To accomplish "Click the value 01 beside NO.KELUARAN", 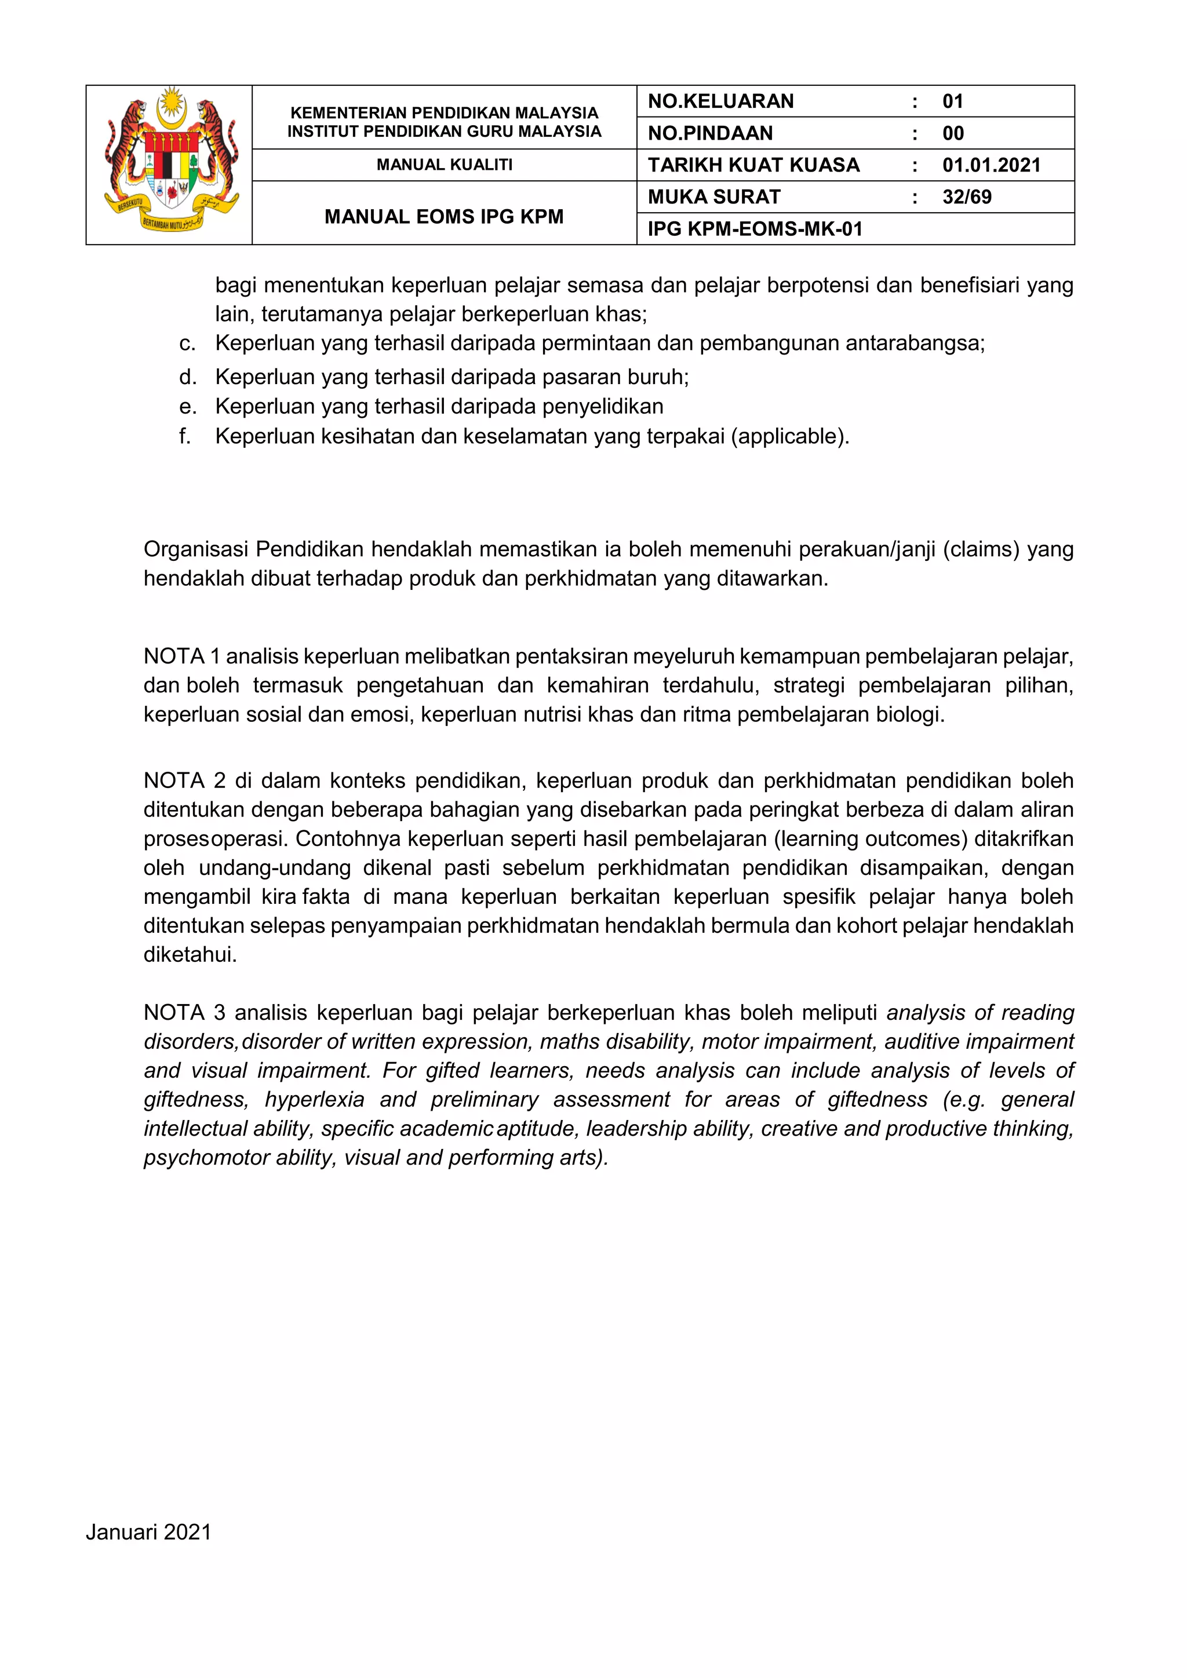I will click(952, 101).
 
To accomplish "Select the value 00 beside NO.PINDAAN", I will click(952, 134).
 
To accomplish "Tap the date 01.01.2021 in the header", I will click(991, 165).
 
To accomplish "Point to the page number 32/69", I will click(966, 198).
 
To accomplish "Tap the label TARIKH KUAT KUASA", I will click(753, 165).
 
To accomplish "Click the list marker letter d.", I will click(187, 377).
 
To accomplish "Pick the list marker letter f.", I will click(184, 436).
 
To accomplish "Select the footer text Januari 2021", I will click(148, 1527).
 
